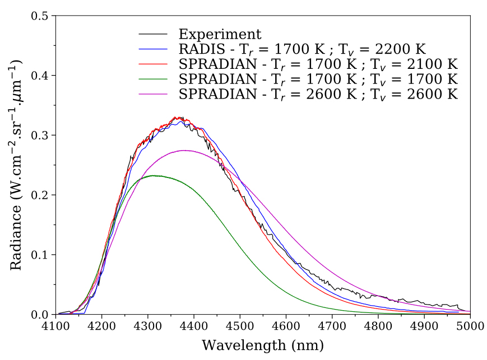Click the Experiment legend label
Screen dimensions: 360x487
pos(220,34)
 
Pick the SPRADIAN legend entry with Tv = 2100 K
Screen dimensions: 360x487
pos(318,64)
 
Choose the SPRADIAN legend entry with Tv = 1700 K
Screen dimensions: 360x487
pos(318,78)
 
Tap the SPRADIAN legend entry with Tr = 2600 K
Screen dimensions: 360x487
pos(318,93)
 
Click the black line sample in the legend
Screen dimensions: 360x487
pos(153,34)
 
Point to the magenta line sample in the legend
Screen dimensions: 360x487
pos(153,93)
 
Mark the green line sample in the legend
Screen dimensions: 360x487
pos(153,78)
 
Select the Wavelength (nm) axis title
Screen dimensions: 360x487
pos(262,344)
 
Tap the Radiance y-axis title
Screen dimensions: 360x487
pos(16,165)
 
